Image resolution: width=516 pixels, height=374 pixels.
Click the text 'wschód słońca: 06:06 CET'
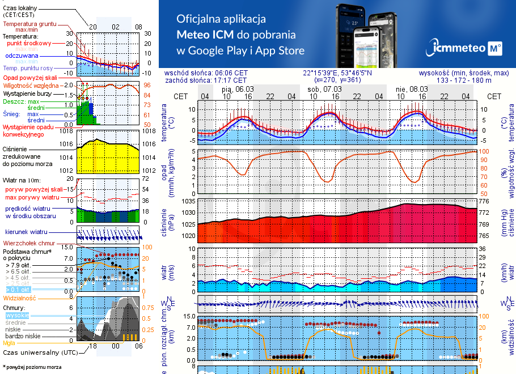point(205,73)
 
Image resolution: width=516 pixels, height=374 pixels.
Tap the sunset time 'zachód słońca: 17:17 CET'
point(205,80)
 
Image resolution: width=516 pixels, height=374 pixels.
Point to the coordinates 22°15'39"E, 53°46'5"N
point(337,73)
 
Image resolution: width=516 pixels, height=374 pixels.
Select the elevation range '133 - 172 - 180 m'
point(464,80)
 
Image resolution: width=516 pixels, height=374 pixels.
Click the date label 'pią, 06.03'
point(238,89)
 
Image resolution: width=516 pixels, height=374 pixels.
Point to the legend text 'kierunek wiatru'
point(27,232)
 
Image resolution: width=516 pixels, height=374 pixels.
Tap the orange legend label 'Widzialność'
point(20,297)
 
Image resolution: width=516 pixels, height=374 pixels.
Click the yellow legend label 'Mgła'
point(9,343)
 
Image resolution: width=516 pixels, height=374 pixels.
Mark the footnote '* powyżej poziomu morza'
point(32,367)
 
